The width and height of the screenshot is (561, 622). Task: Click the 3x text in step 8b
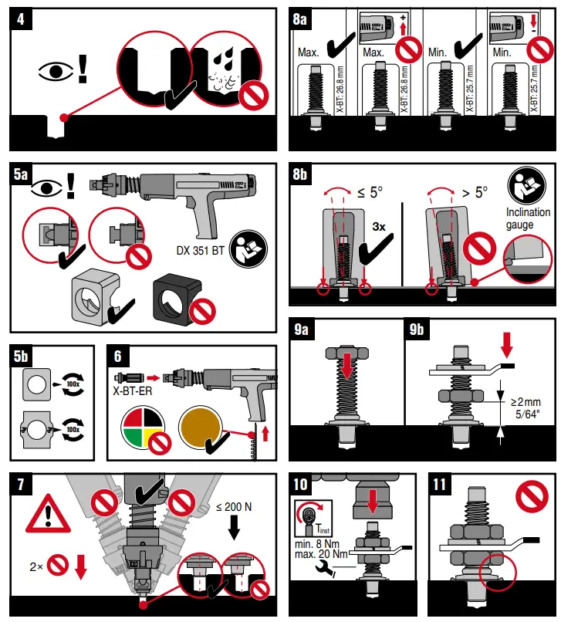pos(380,228)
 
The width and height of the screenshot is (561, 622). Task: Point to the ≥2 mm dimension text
pos(527,402)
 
